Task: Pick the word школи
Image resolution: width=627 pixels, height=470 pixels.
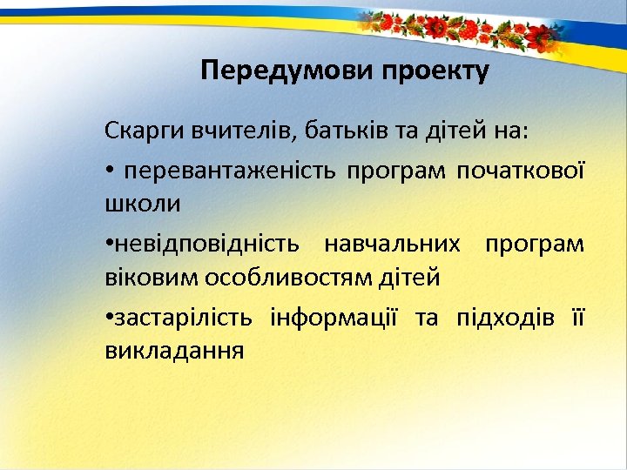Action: pyautogui.click(x=143, y=205)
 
